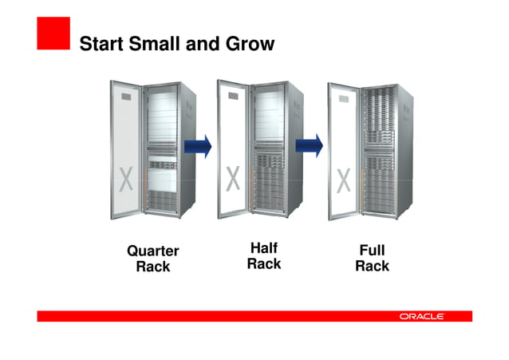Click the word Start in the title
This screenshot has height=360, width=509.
click(x=103, y=44)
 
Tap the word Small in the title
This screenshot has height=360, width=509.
click(x=156, y=44)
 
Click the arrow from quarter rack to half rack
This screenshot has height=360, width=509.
click(x=199, y=145)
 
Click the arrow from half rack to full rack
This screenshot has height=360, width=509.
click(x=310, y=145)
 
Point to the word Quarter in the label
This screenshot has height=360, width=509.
click(x=153, y=251)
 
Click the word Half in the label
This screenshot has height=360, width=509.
click(x=264, y=248)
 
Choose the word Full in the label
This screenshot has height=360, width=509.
click(x=372, y=251)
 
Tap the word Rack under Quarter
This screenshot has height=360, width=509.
click(x=153, y=267)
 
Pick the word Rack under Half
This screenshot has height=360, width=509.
click(x=264, y=263)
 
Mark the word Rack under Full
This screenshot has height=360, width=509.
click(x=372, y=267)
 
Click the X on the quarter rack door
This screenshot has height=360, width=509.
click(x=123, y=177)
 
